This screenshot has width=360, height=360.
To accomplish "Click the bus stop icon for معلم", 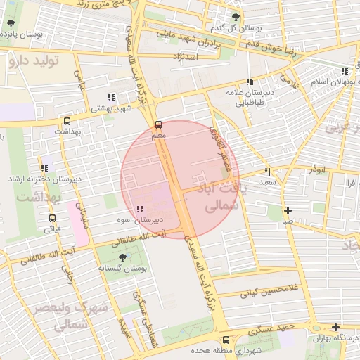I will (x=157, y=124).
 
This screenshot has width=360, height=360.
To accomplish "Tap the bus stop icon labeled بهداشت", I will (x=67, y=121).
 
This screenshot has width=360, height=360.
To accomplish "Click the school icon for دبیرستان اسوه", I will (x=141, y=209).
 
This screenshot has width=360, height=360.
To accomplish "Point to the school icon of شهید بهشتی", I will (x=110, y=98).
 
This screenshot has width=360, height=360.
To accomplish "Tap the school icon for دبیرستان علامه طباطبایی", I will (x=249, y=82).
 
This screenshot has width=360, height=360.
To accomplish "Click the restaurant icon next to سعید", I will (x=267, y=172).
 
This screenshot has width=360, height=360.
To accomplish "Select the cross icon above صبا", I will (x=288, y=210).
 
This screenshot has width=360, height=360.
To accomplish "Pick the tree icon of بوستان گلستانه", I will (x=123, y=257).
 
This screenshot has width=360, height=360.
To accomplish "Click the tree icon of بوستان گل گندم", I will (x=235, y=17).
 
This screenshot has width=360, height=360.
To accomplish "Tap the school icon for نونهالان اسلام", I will (x=344, y=71).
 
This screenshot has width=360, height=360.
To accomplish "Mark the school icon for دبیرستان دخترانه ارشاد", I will (x=45, y=168).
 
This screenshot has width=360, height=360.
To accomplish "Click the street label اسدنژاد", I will (x=187, y=56).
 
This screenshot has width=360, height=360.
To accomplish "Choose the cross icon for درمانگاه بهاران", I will (x=336, y=328).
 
